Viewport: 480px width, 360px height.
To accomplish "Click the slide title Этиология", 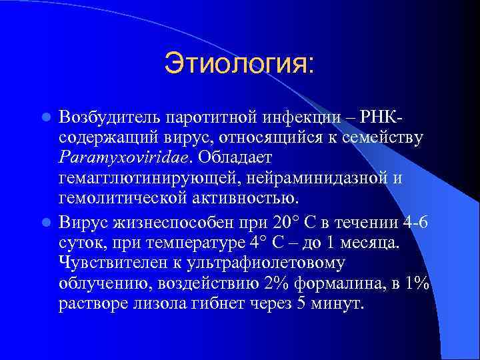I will point(239,65).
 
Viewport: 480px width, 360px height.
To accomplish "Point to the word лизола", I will point(167,305).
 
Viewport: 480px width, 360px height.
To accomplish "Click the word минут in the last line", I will point(341,305).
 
